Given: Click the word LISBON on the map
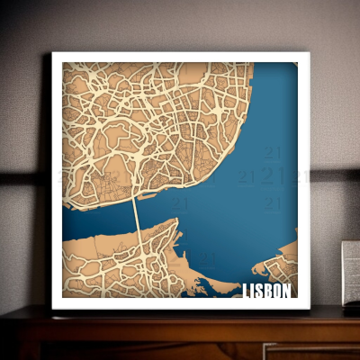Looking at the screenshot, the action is tap(267, 291).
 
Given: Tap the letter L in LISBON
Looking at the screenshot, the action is tap(247, 291).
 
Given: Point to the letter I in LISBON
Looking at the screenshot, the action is tap(254, 291).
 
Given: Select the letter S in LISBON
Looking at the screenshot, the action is tap(260, 291).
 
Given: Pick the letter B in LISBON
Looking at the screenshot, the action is tap(268, 291).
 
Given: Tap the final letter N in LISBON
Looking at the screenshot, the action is tap(287, 291).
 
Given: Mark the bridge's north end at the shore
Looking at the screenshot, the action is tap(134, 197).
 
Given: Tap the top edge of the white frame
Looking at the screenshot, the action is tap(180, 57).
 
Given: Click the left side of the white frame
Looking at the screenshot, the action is tap(57, 180).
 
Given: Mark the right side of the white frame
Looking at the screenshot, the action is tap(304, 180).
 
